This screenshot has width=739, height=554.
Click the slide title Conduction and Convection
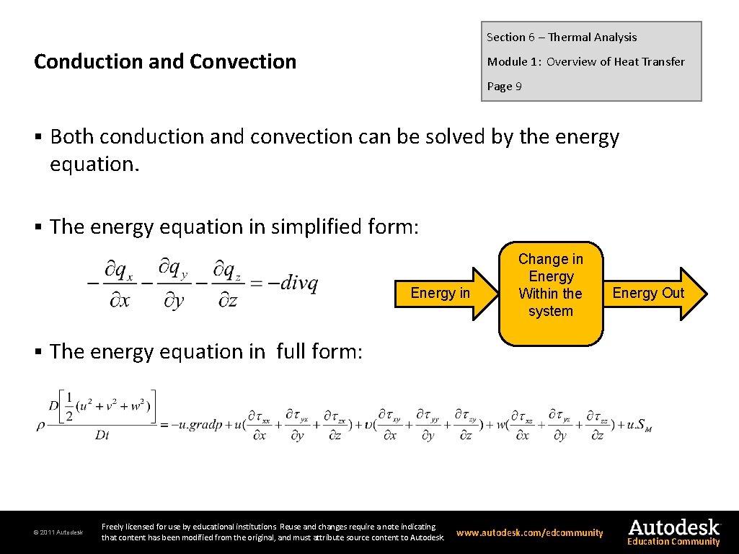click(165, 62)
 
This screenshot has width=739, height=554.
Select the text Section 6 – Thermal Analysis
click(562, 38)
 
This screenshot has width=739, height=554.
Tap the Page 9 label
click(504, 87)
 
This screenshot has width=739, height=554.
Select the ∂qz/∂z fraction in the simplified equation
click(229, 284)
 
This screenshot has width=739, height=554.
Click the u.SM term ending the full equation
click(639, 426)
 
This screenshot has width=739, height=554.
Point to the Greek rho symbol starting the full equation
click(40, 426)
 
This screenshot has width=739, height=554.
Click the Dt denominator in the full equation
click(102, 436)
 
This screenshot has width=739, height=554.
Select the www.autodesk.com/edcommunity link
click(530, 533)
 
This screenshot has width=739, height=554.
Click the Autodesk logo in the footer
click(673, 532)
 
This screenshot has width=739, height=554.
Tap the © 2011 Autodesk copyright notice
click(58, 533)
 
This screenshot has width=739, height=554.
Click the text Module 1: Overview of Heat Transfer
click(585, 62)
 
